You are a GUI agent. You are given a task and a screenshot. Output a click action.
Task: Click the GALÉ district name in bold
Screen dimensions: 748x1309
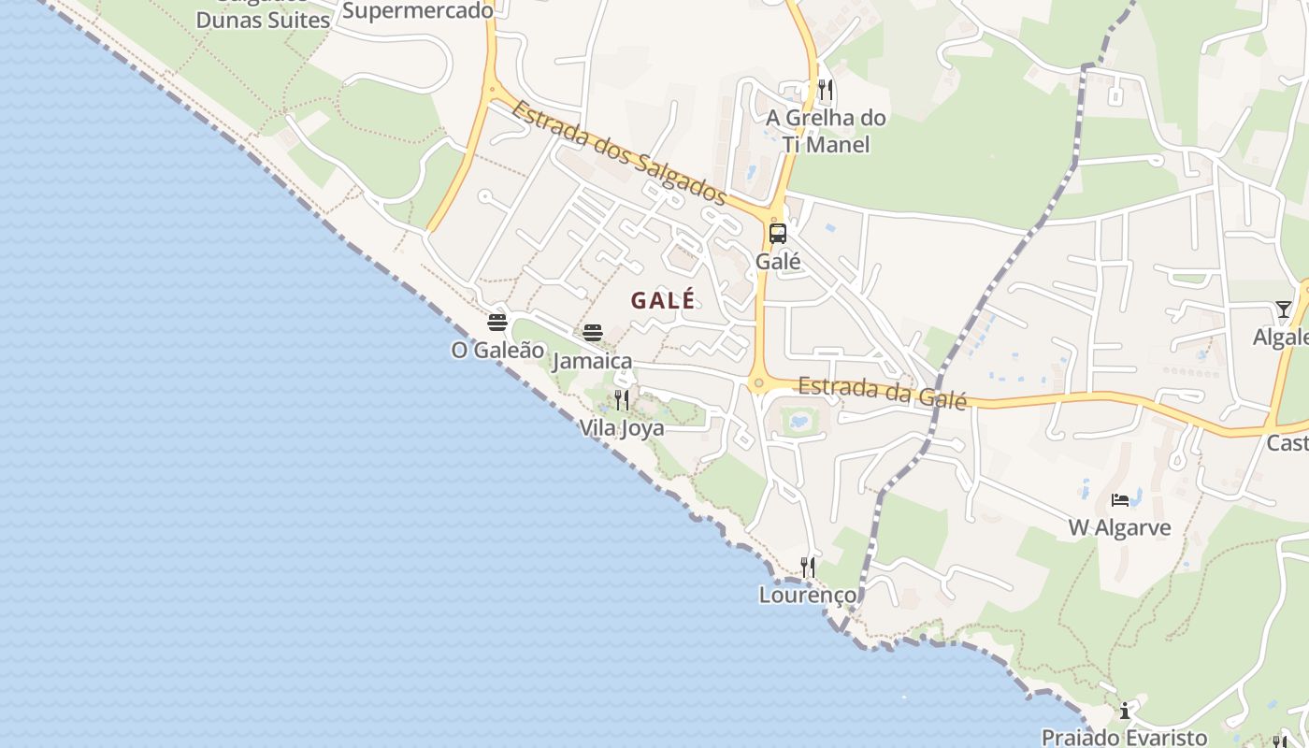pyautogui.click(x=663, y=300)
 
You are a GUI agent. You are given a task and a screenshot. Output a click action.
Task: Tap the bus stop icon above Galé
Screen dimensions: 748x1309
pyautogui.click(x=778, y=234)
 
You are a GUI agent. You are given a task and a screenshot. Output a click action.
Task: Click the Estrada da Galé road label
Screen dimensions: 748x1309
pyautogui.click(x=882, y=390)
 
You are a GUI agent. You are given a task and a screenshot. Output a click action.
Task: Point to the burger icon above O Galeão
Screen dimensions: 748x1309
pyautogui.click(x=497, y=323)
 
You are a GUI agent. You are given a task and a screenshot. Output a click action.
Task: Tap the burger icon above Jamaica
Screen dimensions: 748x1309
pyautogui.click(x=593, y=332)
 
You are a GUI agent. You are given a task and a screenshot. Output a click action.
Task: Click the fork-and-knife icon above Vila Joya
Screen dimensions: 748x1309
pyautogui.click(x=622, y=400)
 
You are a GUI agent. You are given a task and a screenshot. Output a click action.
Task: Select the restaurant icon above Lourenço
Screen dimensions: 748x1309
pyautogui.click(x=808, y=567)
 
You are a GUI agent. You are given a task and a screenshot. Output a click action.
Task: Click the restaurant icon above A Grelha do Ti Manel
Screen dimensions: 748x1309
pyautogui.click(x=825, y=90)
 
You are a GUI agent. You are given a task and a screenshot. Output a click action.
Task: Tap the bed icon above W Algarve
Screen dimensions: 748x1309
pyautogui.click(x=1120, y=500)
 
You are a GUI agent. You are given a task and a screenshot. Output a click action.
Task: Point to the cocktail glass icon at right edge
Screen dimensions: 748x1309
pyautogui.click(x=1283, y=309)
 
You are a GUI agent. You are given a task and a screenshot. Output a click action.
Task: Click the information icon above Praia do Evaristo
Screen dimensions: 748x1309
pyautogui.click(x=1125, y=711)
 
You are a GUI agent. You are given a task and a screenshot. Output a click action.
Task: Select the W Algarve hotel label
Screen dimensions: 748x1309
pyautogui.click(x=1119, y=528)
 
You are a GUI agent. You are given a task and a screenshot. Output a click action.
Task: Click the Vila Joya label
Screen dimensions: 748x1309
pyautogui.click(x=622, y=428)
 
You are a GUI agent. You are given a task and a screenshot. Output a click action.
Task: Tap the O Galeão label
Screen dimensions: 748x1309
pyautogui.click(x=497, y=350)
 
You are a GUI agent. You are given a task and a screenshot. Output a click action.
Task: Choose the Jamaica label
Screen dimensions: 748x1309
pyautogui.click(x=593, y=361)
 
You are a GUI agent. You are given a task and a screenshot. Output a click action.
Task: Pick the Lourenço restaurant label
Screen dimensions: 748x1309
pyautogui.click(x=807, y=595)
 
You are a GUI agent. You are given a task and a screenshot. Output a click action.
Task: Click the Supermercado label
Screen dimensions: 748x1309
pyautogui.click(x=417, y=11)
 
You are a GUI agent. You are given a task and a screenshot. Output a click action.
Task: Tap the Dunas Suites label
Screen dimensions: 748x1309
pyautogui.click(x=263, y=20)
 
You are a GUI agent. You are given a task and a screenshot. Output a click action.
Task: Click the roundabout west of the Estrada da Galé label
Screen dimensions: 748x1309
pyautogui.click(x=758, y=382)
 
